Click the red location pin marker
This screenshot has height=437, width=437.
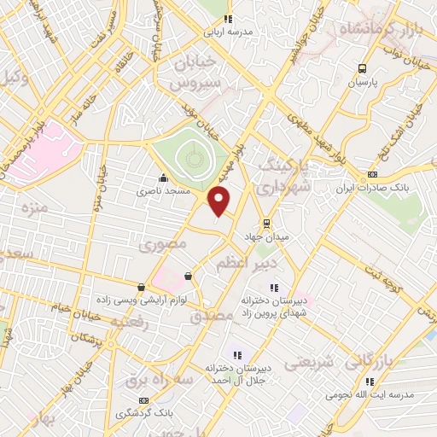coord(220,201)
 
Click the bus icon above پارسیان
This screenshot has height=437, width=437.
coord(363,69)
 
